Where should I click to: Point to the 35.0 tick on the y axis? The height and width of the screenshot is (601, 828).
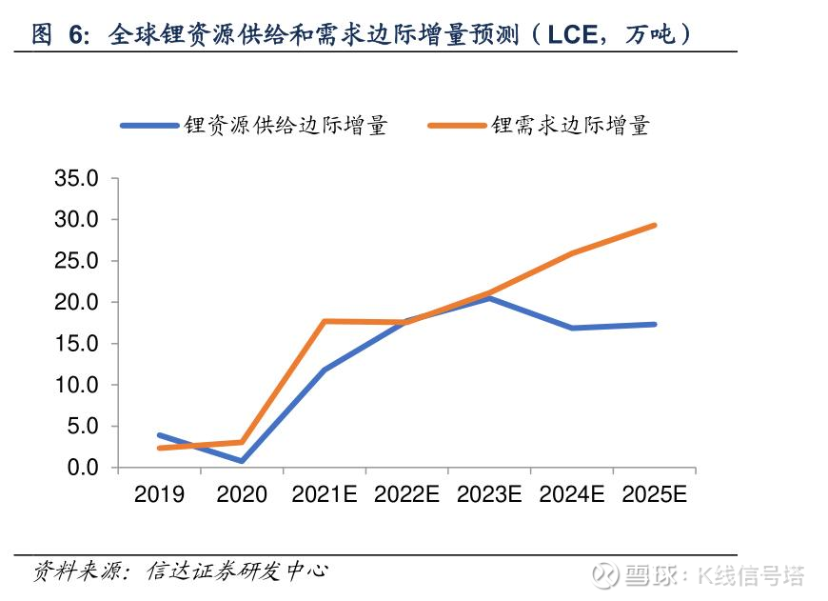[x=78, y=178]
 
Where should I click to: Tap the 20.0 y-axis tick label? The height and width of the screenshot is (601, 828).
[x=78, y=302]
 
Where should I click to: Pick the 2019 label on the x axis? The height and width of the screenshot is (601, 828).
[x=159, y=495]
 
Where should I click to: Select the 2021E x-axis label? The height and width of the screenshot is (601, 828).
[x=324, y=495]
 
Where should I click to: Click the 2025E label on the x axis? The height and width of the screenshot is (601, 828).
[x=654, y=495]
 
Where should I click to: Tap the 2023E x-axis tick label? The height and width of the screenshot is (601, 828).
[x=489, y=495]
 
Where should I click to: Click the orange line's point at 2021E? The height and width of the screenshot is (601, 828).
[x=325, y=321]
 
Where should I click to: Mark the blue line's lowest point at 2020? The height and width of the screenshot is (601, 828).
[x=242, y=461]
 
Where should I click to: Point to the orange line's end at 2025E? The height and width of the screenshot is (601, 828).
[x=655, y=225]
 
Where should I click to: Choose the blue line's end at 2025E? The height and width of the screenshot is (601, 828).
[x=655, y=324]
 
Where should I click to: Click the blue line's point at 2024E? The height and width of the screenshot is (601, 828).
[x=572, y=328]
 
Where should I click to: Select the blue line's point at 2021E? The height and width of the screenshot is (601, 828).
[x=325, y=370]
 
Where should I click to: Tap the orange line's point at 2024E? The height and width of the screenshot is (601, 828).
[x=572, y=253]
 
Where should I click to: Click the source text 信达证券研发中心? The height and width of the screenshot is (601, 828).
[x=237, y=571]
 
